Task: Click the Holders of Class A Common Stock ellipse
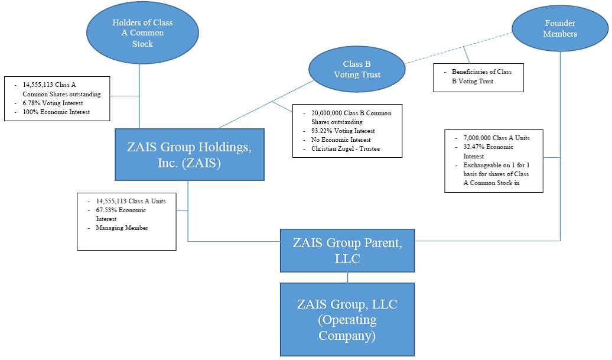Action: (139, 33)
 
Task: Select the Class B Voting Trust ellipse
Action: (356, 69)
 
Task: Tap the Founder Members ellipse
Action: (560, 29)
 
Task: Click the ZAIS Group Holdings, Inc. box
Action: (189, 155)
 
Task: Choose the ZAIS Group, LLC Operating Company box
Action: (347, 319)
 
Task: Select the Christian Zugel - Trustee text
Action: (346, 148)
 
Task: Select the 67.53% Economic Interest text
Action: (121, 214)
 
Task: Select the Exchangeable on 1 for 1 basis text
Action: (496, 174)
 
